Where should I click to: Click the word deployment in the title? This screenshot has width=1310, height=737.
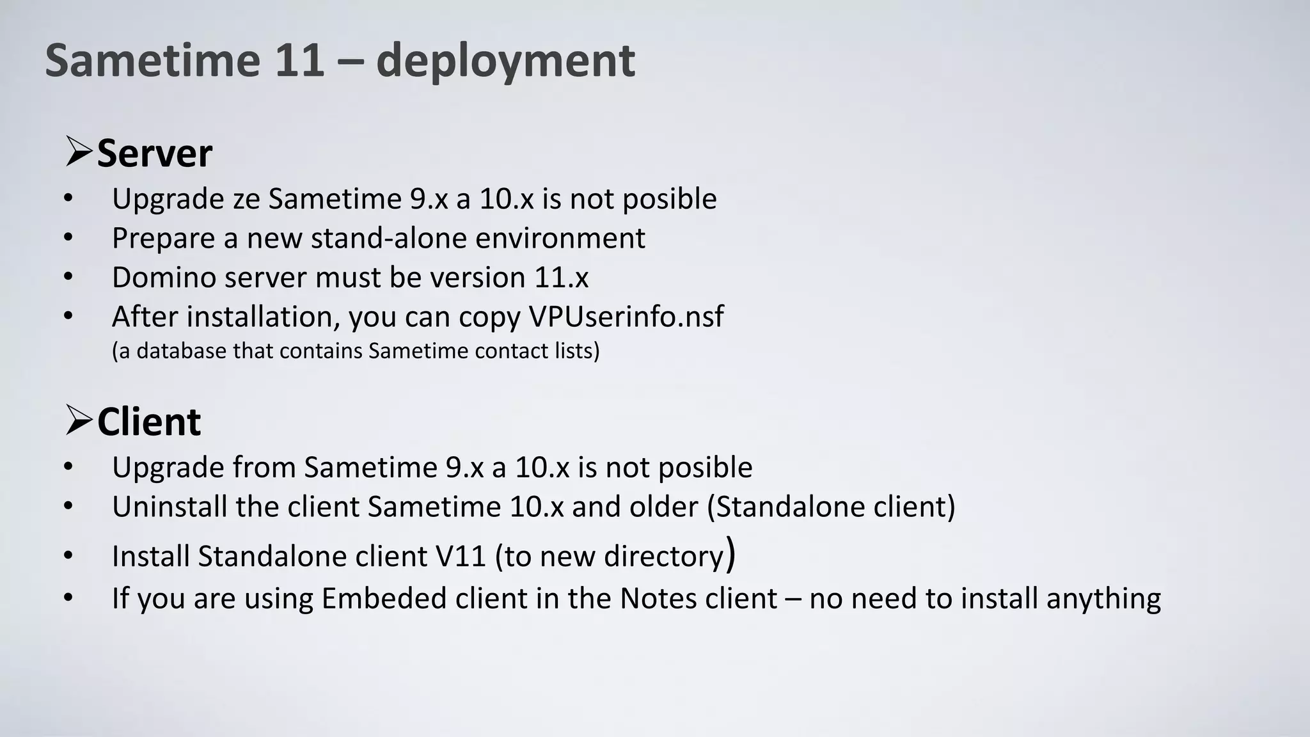tap(505, 61)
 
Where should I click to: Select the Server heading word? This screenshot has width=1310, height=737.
tap(154, 154)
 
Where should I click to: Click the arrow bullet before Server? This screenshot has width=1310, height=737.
tap(79, 152)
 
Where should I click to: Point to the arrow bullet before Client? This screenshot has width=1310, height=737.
tap(79, 420)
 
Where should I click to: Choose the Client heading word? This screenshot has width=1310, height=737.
tap(149, 422)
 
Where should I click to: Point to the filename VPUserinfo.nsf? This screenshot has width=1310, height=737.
tap(626, 317)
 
